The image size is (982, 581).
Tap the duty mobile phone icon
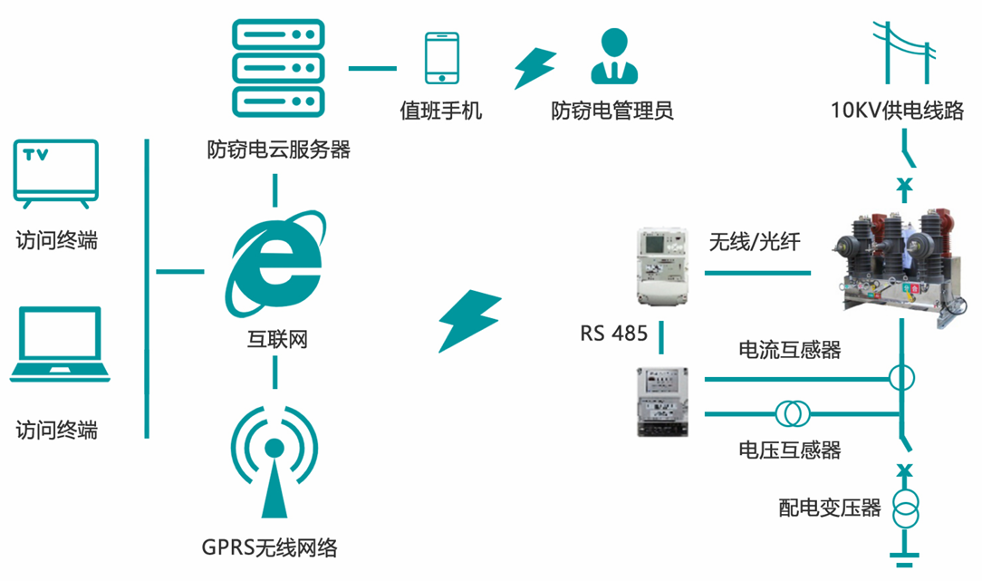coord(442,59)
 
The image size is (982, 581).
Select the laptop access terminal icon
coord(59,344)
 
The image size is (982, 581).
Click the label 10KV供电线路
coord(897,111)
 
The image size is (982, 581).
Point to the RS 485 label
coord(613,334)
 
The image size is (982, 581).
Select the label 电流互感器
coord(789,349)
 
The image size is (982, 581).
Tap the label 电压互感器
coord(789,449)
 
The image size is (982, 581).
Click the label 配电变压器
coord(829,508)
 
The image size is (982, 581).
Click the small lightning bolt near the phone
coord(534,68)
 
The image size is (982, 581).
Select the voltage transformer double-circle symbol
coord(792,413)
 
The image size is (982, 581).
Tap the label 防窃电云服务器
coord(278,149)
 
